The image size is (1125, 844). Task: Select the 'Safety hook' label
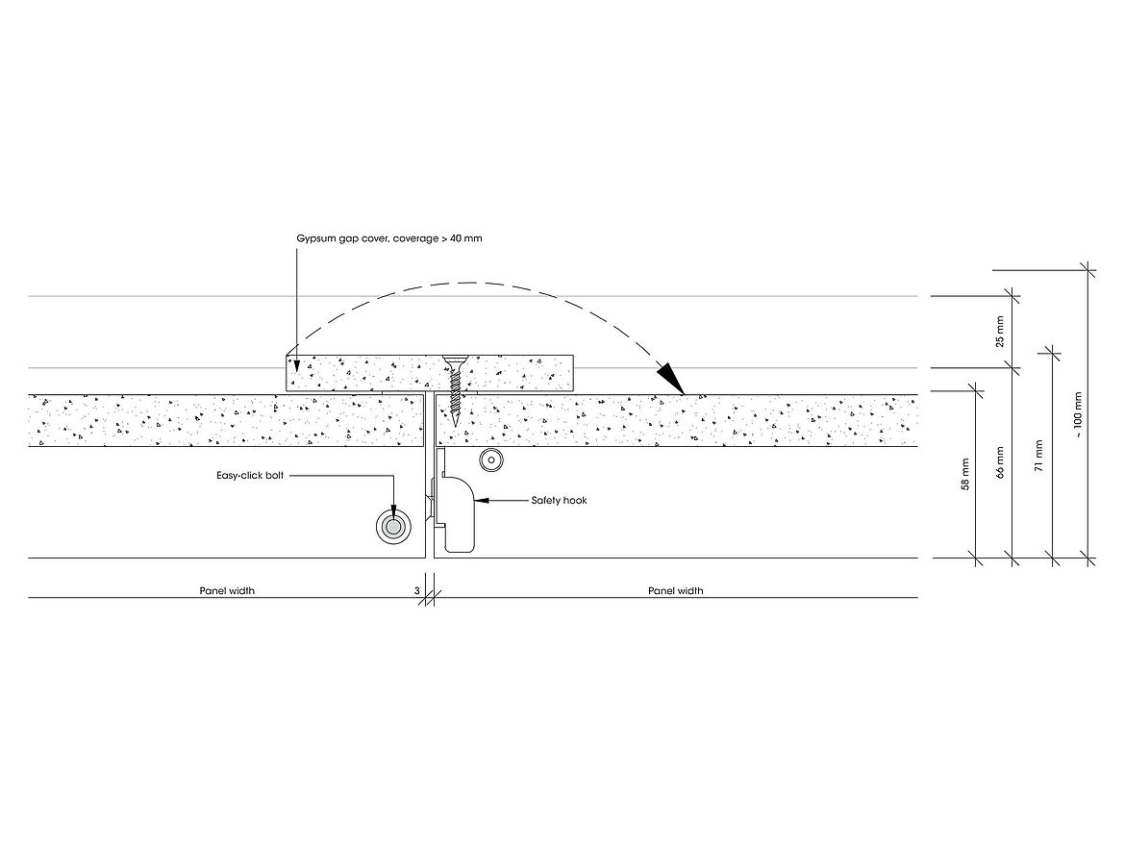pos(559,501)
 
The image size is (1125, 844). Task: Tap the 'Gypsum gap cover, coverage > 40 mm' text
pos(389,237)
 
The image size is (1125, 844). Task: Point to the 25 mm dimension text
pos(999,331)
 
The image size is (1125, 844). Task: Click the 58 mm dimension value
pos(964,474)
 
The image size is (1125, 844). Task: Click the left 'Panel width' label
pos(227,591)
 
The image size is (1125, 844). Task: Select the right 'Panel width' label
pos(675,591)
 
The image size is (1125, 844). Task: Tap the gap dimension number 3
pos(417,591)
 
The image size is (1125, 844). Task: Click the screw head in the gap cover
pos(455,362)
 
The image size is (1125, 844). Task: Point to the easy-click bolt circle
pos(392,526)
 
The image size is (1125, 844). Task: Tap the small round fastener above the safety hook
pos(491,461)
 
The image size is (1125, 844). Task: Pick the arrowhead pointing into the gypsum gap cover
pos(297,365)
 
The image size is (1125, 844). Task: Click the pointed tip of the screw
pos(455,426)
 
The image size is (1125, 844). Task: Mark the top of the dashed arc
pos(471,283)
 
